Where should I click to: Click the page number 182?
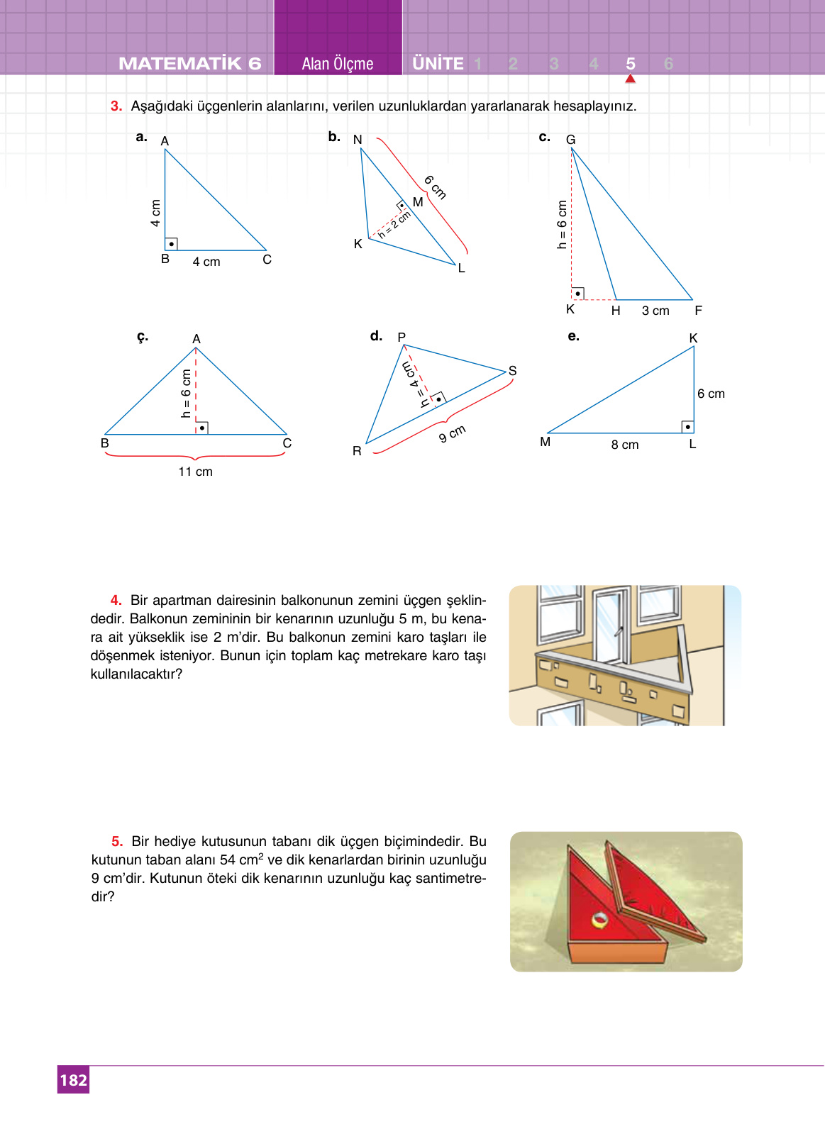pyautogui.click(x=73, y=1080)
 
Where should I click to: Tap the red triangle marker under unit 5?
pyautogui.click(x=630, y=79)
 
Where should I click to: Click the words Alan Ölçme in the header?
pyautogui.click(x=338, y=64)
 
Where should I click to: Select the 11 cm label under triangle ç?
pyautogui.click(x=195, y=472)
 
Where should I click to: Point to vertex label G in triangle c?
pyautogui.click(x=570, y=140)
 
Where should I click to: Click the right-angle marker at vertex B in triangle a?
pyautogui.click(x=171, y=243)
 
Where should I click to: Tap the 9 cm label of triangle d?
pyautogui.click(x=452, y=433)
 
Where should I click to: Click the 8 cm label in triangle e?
pyautogui.click(x=625, y=445)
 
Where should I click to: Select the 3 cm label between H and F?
pyautogui.click(x=655, y=311)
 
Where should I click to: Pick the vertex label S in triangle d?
pyautogui.click(x=512, y=371)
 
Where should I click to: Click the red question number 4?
pyautogui.click(x=116, y=600)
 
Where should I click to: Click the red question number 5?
pyautogui.click(x=117, y=841)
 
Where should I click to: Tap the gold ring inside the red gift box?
pyautogui.click(x=600, y=920)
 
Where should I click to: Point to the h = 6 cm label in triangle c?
pyautogui.click(x=562, y=224)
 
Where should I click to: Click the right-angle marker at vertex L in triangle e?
pyautogui.click(x=687, y=426)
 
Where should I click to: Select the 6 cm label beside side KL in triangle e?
pyautogui.click(x=711, y=394)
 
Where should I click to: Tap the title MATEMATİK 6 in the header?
pyautogui.click(x=190, y=64)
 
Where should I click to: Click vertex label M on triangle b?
pyautogui.click(x=418, y=202)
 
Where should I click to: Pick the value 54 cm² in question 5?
pyautogui.click(x=241, y=859)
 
